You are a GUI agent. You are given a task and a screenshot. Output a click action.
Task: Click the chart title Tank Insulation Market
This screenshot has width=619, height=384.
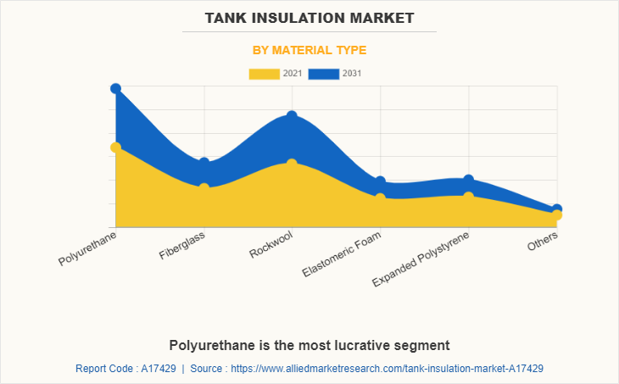click(x=309, y=17)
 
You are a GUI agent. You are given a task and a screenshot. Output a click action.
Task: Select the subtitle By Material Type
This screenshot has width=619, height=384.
click(x=309, y=50)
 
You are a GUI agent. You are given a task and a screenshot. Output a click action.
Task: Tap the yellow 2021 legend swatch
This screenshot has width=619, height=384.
click(x=264, y=74)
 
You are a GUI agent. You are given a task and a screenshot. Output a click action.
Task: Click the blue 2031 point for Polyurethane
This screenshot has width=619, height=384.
click(x=115, y=88)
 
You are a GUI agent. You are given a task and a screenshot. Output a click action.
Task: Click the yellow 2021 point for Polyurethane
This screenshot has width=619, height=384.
click(x=115, y=147)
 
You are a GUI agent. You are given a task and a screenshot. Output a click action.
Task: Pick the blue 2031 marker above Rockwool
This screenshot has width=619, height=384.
click(x=292, y=116)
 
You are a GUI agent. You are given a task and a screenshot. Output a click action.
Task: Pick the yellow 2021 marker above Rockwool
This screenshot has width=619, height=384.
click(x=292, y=164)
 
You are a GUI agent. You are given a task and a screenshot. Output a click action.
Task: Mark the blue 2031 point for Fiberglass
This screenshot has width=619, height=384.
click(x=204, y=163)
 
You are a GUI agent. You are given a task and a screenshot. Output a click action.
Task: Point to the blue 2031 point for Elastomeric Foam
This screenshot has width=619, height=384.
click(x=380, y=181)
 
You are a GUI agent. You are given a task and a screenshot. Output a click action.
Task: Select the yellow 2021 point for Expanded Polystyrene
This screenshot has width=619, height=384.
click(x=468, y=198)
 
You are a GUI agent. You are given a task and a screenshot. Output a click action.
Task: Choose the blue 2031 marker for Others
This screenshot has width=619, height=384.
click(x=556, y=209)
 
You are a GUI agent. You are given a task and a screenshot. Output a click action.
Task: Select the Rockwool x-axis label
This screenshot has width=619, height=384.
click(x=271, y=244)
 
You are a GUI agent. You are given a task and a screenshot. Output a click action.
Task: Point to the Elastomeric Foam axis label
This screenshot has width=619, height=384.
click(x=343, y=254)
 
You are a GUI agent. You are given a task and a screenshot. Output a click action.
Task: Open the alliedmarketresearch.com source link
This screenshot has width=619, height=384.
click(x=386, y=369)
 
